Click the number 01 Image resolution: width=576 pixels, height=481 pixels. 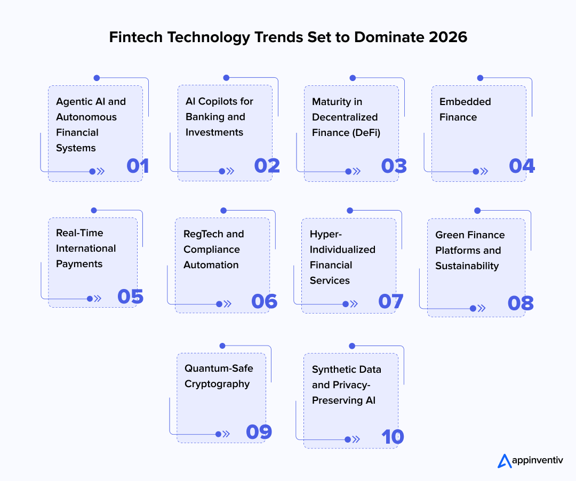point(138,166)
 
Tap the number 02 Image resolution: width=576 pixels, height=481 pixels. point(267,166)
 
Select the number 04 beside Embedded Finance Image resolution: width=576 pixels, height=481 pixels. point(522,166)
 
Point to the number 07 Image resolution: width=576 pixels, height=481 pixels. point(391,301)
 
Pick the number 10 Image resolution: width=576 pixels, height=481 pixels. point(393,437)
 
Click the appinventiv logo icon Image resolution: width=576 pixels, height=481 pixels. point(504,460)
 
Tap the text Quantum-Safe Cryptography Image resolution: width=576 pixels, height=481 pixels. point(219,376)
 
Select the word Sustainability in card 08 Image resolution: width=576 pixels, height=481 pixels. point(467,266)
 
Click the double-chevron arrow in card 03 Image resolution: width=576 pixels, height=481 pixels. point(356,172)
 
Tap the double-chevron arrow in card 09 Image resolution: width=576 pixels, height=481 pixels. point(226,434)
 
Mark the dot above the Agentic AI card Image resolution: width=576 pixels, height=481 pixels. point(97,78)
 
